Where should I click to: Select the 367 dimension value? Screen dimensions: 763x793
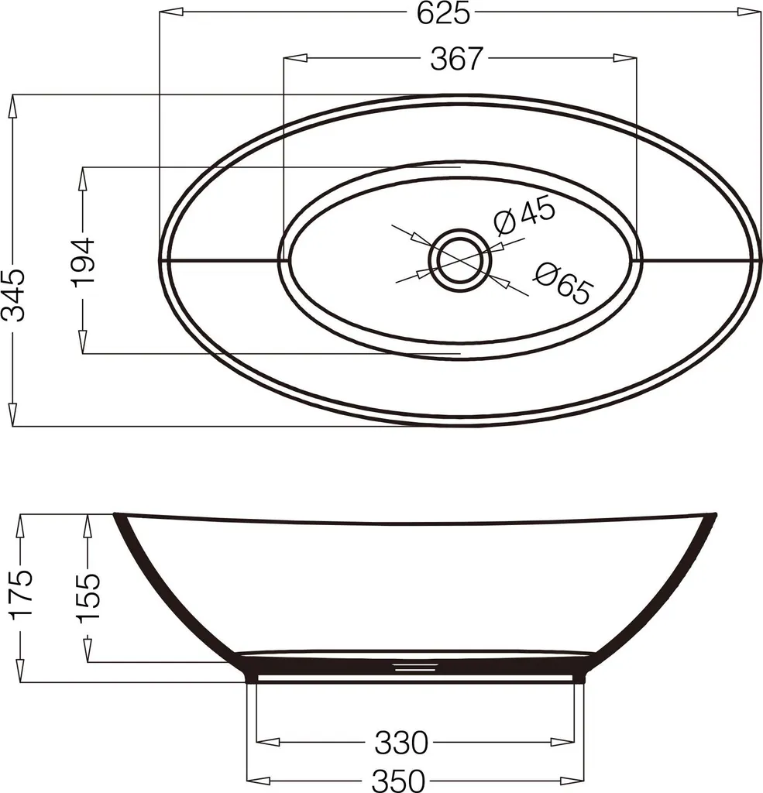456,59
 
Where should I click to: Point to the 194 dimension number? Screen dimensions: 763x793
83,263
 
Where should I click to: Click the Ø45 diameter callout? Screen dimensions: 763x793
524,218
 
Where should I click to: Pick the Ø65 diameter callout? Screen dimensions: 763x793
562,283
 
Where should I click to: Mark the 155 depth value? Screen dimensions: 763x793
88,596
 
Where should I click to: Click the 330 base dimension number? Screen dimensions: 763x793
401,743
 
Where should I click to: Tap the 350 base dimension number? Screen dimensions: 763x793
398,781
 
